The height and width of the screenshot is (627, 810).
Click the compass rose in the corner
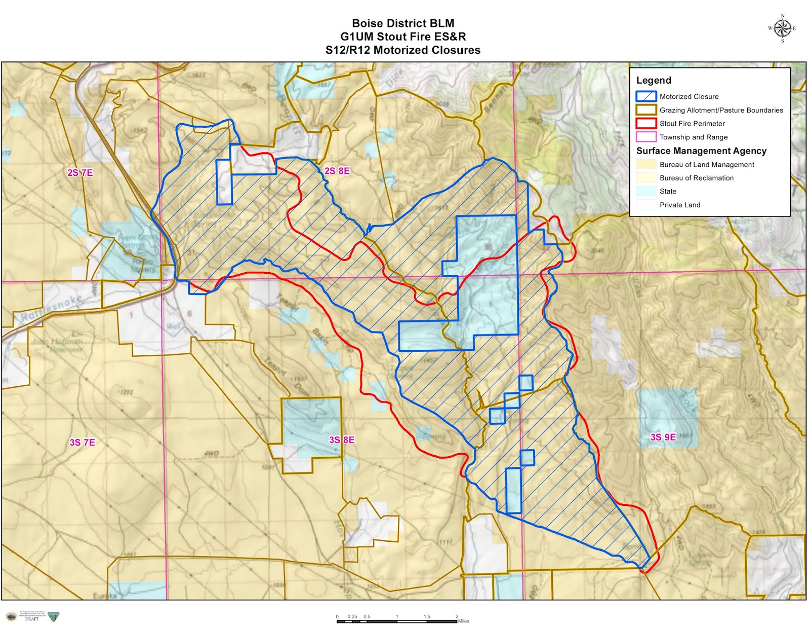[x=782, y=28]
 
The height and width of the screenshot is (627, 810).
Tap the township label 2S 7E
[x=80, y=173]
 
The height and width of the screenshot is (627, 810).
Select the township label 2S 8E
[x=337, y=171]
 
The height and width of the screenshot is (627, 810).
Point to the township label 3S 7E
[x=83, y=442]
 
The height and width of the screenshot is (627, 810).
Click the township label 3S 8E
[x=342, y=440]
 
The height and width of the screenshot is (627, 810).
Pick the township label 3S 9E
[x=663, y=437]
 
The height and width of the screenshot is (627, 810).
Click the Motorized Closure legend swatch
[x=646, y=96]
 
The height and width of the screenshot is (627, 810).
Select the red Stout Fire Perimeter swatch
[x=646, y=123]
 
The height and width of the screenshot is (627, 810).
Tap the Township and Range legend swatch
[x=646, y=137]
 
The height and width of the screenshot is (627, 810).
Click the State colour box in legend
[x=646, y=191]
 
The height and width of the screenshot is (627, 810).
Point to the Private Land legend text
[x=679, y=205]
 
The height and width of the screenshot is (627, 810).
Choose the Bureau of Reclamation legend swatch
[x=646, y=178]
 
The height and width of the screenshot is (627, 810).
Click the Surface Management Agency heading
[x=701, y=151]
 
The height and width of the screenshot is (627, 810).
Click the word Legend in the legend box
[x=654, y=81]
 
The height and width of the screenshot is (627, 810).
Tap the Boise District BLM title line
[x=403, y=23]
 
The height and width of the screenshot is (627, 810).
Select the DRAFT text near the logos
[x=31, y=619]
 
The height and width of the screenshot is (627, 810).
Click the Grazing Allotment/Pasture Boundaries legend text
[x=721, y=110]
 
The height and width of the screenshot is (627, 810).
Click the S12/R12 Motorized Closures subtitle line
[x=403, y=50]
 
